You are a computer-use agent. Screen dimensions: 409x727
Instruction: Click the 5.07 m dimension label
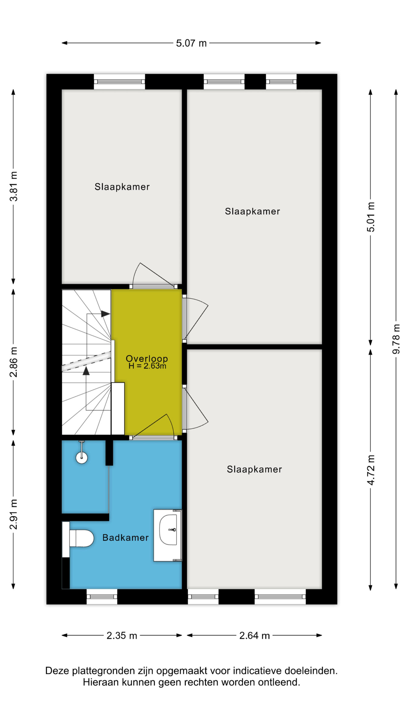pos(191,43)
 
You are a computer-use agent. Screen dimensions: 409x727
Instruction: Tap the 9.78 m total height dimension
pos(396,339)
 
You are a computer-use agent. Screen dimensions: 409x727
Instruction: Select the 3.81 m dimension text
pos(14,186)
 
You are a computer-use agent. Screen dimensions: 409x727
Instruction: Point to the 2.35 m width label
pos(122,635)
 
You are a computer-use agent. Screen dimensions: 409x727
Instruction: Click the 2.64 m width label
pos(254,635)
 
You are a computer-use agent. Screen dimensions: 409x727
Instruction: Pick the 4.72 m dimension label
pos(371,470)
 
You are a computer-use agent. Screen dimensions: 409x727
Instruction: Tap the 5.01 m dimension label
pos(371,217)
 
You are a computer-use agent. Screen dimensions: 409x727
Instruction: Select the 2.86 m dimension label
pos(14,362)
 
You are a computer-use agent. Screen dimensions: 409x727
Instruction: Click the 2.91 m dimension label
pos(14,514)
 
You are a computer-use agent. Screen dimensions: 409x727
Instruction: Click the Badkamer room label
pos(125,537)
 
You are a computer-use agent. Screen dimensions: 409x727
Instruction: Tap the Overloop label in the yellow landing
pos(147,358)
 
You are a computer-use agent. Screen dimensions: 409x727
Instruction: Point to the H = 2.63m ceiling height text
pos(147,366)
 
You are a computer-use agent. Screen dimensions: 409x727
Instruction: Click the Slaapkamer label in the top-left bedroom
pos(122,187)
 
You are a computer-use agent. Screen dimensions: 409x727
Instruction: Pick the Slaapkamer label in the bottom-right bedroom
pos(254,469)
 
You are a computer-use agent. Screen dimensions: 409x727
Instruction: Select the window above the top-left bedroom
pos(119,81)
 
